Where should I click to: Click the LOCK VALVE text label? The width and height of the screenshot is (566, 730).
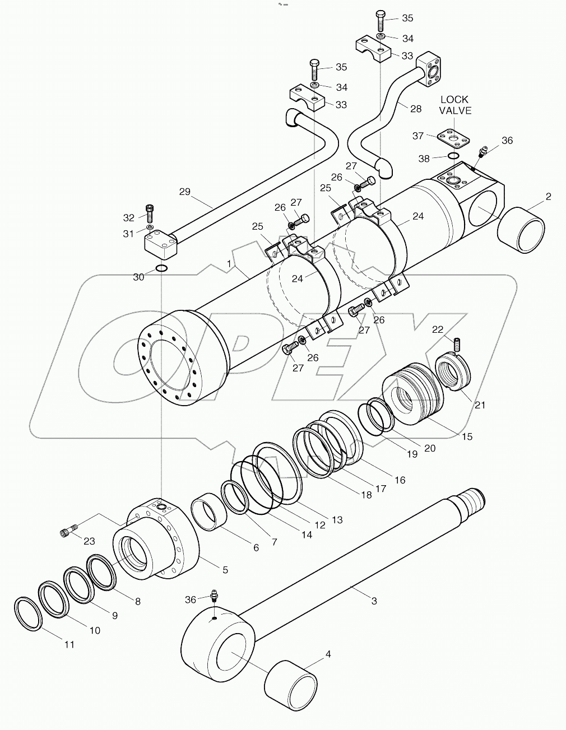tap(455, 105)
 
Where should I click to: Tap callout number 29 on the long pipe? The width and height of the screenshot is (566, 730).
tap(184, 192)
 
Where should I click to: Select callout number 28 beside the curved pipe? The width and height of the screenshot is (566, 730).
tap(415, 109)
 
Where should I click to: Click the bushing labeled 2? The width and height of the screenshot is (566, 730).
tap(521, 230)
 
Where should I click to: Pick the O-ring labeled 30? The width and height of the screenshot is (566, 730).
tap(161, 268)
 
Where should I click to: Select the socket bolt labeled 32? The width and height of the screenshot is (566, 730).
tap(149, 213)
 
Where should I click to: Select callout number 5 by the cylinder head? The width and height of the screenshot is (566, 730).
tap(225, 570)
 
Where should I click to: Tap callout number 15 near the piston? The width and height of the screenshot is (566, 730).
tap(466, 436)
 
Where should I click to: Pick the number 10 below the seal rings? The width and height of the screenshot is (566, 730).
tap(95, 630)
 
